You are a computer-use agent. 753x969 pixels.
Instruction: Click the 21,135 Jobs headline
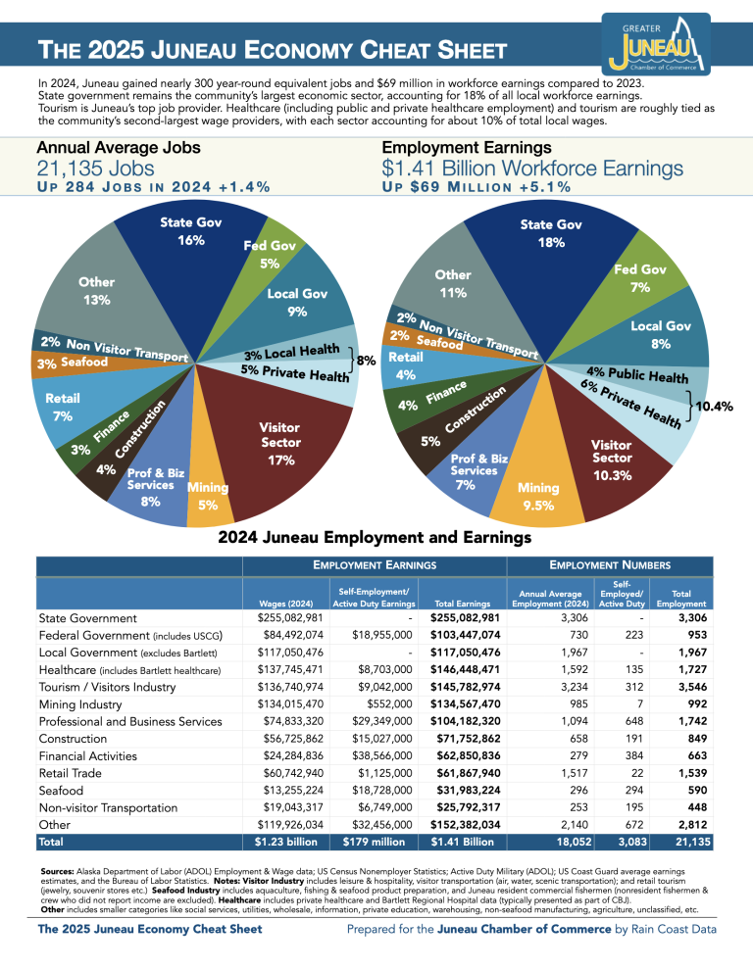point(97,169)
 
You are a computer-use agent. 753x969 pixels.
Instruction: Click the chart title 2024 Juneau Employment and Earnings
point(375,537)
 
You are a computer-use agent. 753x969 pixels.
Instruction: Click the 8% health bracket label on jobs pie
point(367,361)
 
